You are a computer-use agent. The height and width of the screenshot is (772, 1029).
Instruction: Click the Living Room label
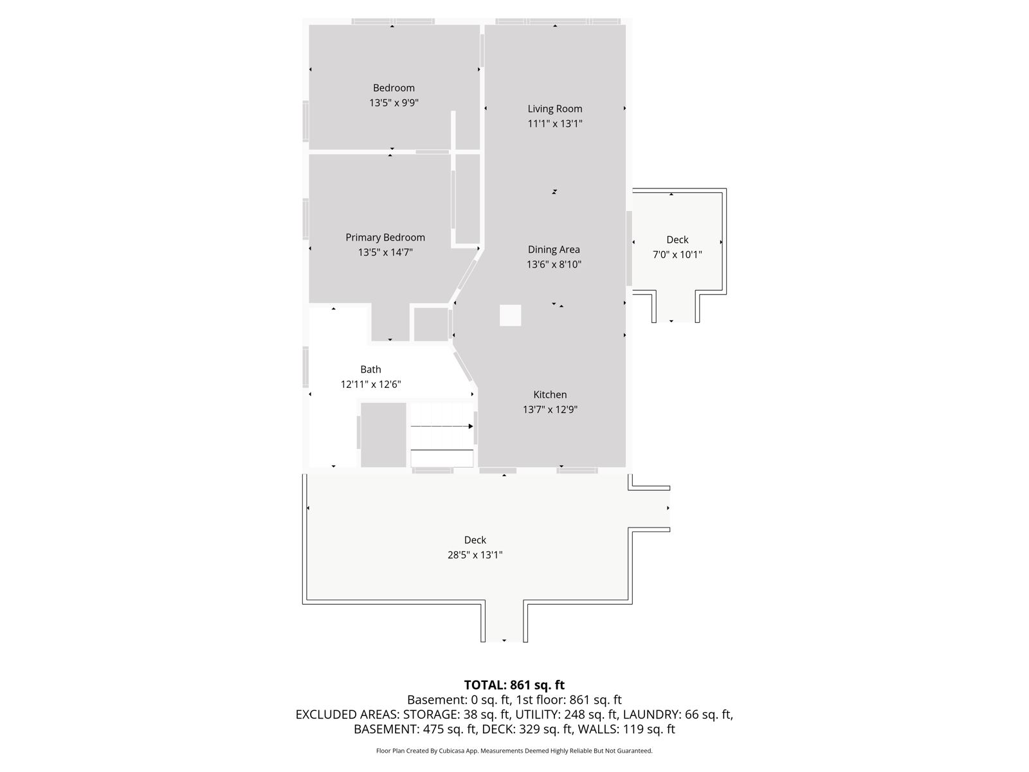click(554, 109)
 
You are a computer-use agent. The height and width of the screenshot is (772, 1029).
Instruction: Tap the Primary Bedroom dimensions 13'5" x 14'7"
click(385, 252)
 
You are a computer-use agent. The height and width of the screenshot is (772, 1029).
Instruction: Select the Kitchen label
click(550, 394)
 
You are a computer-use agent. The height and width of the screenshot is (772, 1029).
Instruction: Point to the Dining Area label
click(554, 250)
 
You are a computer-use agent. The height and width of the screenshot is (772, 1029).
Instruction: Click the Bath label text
click(370, 369)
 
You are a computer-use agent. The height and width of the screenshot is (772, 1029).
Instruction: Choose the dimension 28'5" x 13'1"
click(475, 555)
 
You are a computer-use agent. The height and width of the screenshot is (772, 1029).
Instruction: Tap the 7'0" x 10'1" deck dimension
click(677, 255)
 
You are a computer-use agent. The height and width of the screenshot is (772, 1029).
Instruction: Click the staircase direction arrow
click(442, 426)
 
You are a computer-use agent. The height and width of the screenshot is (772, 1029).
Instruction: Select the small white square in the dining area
click(510, 315)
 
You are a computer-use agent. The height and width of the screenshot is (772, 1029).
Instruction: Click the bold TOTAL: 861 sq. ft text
click(514, 685)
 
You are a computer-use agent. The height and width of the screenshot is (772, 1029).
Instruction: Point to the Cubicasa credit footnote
click(514, 751)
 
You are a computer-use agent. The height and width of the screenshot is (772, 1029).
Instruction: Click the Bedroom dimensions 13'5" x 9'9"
click(394, 103)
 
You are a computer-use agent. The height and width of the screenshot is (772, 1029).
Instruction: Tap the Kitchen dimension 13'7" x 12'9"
click(550, 410)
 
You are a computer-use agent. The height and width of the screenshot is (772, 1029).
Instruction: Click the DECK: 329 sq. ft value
click(527, 730)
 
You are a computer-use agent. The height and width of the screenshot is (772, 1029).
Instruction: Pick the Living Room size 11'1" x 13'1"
click(554, 124)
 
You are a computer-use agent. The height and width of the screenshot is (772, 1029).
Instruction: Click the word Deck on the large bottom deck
click(475, 540)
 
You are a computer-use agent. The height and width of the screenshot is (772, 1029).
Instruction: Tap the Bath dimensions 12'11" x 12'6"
click(370, 384)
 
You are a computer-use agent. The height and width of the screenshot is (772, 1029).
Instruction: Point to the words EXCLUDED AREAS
click(346, 714)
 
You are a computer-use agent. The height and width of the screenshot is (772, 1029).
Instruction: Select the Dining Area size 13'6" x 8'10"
click(554, 264)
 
